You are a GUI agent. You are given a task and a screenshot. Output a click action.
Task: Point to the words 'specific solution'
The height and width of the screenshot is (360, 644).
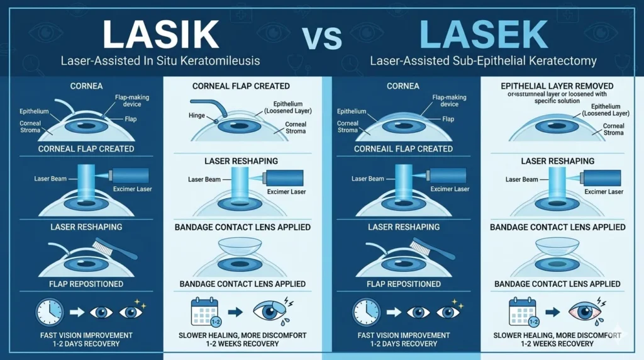pos(557,101)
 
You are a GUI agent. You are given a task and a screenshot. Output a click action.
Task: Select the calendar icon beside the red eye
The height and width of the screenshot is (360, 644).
pos(521,312)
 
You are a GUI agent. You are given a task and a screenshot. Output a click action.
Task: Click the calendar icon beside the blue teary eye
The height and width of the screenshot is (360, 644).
pos(204,312)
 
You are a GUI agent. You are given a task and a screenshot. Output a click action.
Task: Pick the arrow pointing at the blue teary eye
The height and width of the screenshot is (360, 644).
pos(235,312)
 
